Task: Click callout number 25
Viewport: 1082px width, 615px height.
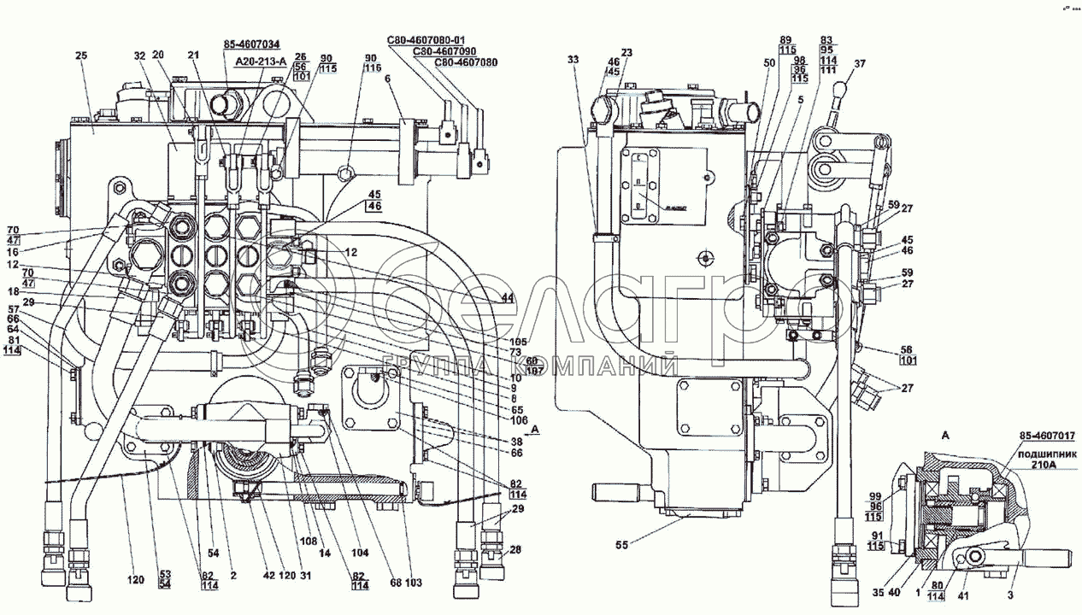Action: (81, 56)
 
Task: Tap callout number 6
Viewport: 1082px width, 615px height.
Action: (388, 79)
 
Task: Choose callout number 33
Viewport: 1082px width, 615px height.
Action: (573, 60)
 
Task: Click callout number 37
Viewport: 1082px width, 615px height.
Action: (860, 64)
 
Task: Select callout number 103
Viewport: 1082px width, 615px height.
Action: (414, 583)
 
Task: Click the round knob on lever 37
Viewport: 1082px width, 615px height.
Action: (843, 85)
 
